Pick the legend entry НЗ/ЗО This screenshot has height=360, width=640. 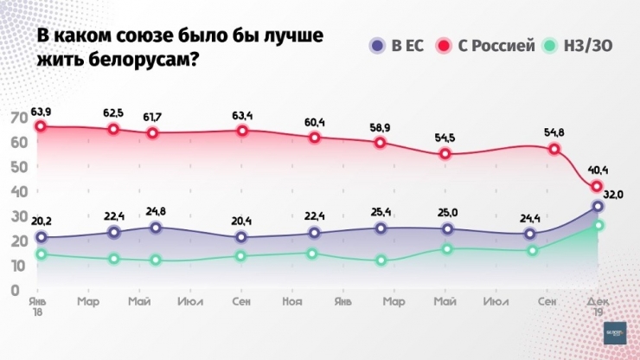point(578,45)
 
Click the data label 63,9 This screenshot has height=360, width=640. point(42,112)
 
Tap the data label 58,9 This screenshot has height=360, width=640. point(380,126)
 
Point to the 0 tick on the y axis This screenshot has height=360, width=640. point(16,290)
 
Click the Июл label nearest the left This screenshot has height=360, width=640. point(189,300)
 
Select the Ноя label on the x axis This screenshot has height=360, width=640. point(291,300)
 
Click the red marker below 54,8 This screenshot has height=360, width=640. point(554,149)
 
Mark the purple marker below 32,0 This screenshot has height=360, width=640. point(597,206)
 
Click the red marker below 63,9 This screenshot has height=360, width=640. point(41,126)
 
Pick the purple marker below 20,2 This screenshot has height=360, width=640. point(41,236)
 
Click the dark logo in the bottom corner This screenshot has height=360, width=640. point(614,332)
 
